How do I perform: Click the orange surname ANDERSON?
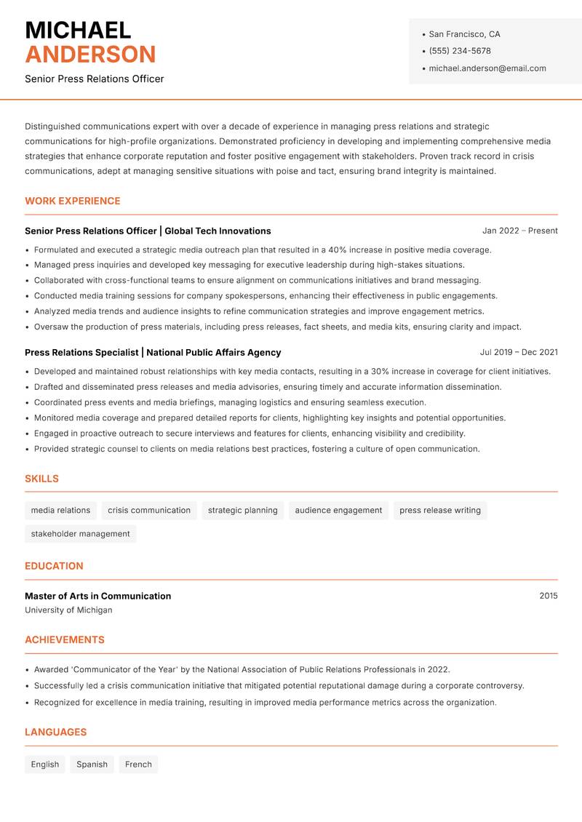tap(90, 55)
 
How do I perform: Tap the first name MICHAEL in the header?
tap(78, 31)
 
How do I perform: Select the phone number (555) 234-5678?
tap(460, 51)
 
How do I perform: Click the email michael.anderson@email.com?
tap(487, 68)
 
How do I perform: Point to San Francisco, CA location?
tap(464, 34)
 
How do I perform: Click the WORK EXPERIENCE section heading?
tap(73, 201)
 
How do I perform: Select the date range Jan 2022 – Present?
tap(519, 231)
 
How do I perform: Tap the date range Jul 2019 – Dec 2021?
tap(519, 352)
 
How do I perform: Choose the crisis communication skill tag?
tap(149, 511)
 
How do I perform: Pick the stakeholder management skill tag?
tap(80, 534)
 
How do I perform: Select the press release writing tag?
tap(440, 511)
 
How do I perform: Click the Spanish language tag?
tap(92, 765)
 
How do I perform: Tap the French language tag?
tap(138, 765)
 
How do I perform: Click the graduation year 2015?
tap(549, 596)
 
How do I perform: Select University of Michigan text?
tap(68, 610)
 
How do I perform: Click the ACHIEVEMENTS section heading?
tap(65, 640)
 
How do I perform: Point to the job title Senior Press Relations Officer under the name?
tap(95, 79)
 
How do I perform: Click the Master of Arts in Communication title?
tap(97, 596)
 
